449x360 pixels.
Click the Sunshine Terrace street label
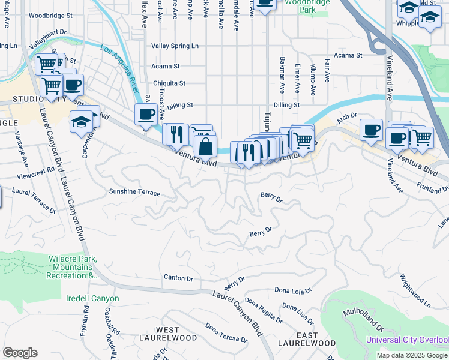tap(134, 193)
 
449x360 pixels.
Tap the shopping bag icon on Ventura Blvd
tap(205, 146)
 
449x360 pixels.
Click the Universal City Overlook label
tap(408, 340)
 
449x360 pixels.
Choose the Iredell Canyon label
tap(92, 298)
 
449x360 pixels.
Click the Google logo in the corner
tap(20, 353)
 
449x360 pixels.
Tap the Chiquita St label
tap(169, 83)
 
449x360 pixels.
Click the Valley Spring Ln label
tap(175, 46)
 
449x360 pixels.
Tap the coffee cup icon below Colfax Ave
tap(145, 115)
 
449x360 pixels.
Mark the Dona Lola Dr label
tap(293, 290)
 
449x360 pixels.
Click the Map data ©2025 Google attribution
tap(411, 355)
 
